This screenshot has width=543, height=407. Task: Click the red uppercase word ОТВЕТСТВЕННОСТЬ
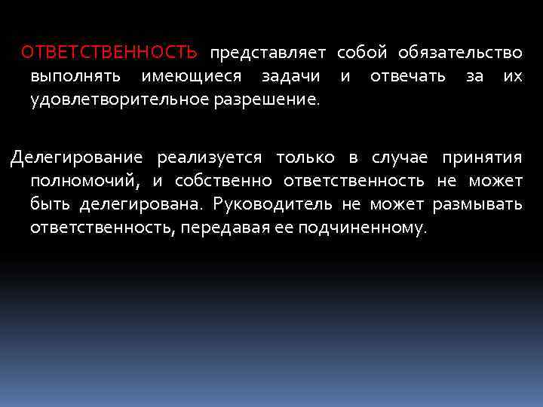[x=110, y=53]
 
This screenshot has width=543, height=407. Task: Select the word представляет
[x=268, y=53]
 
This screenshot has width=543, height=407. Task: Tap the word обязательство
[x=460, y=53]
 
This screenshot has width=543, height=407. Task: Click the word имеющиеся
[x=191, y=76]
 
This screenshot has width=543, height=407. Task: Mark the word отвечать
[x=408, y=76]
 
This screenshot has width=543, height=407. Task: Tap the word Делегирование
[x=76, y=157]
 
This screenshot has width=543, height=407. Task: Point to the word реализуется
[x=210, y=157]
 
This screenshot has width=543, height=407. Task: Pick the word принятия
[x=482, y=157]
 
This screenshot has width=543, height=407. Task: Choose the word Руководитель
[x=273, y=203]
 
